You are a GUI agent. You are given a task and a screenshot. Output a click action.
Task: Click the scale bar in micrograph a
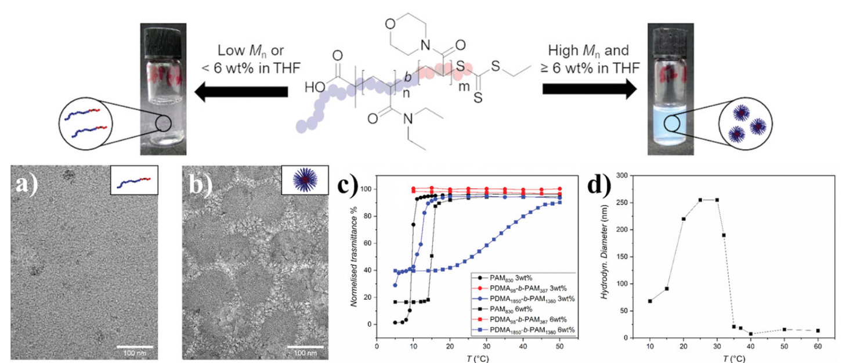138,347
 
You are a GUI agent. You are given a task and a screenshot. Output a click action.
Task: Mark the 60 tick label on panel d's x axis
818,348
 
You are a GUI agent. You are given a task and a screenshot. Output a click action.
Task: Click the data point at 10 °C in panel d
650,301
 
